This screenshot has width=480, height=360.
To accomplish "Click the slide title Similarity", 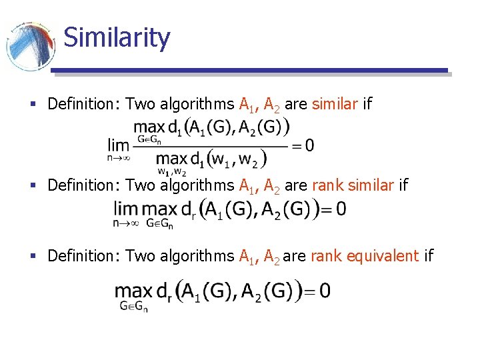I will (117, 37).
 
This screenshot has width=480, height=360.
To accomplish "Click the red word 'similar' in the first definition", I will (335, 104).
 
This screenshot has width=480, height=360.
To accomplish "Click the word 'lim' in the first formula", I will (119, 143).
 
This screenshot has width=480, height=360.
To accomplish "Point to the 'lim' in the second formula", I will (125, 209).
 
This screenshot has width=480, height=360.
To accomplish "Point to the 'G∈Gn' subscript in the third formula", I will (133, 307).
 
